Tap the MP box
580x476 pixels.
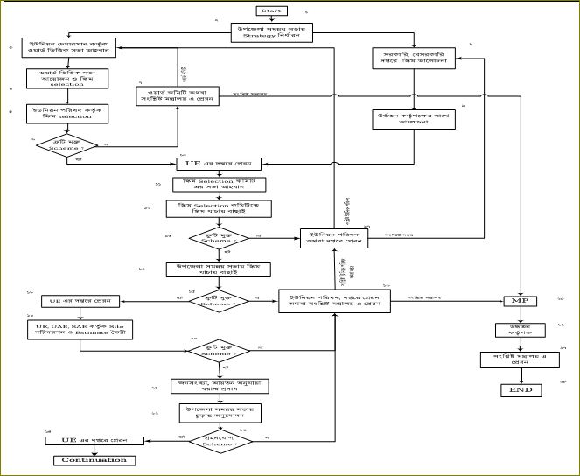(521, 300)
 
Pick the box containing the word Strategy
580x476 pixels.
(270, 33)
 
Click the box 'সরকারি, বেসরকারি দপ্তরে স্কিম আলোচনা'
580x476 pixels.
(415, 59)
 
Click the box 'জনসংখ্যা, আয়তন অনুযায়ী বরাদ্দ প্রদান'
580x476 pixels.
(218, 388)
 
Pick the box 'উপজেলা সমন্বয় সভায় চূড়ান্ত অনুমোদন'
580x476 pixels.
(218, 413)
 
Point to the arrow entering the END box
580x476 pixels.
(522, 376)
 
